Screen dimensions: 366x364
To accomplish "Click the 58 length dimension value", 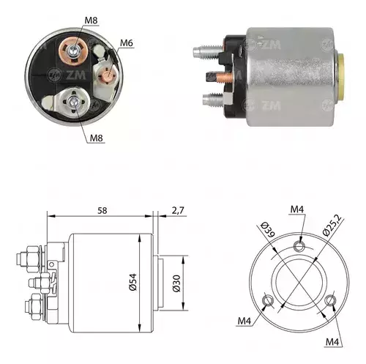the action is point(102,210).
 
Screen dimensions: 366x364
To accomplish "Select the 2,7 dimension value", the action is point(178,210).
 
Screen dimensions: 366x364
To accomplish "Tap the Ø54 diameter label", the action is point(133,282).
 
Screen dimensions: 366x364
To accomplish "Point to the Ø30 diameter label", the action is point(176,283).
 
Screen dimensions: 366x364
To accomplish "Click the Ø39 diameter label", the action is point(268,229).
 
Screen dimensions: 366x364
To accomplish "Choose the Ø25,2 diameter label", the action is point(332,226).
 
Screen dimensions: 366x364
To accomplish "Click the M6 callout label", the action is point(127,43).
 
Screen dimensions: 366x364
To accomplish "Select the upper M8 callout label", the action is point(91,21).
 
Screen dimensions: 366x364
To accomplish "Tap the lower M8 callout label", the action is point(97,138).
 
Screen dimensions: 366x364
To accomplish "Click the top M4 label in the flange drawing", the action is point(297,209).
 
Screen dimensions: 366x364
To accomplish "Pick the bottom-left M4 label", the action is point(244,321).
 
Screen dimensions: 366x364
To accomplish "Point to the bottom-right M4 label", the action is point(332,342).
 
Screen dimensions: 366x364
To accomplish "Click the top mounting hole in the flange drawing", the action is point(299,246).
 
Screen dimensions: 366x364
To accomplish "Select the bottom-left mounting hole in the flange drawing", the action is point(267,301).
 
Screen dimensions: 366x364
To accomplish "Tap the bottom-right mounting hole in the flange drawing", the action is point(330,300).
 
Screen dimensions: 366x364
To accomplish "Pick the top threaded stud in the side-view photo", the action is point(208,52).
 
